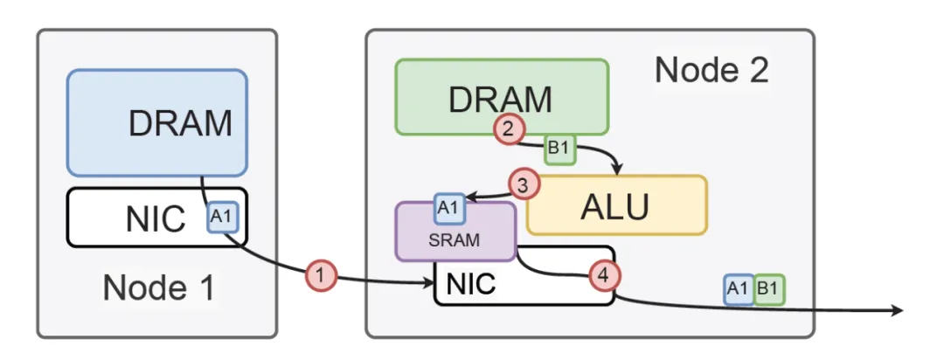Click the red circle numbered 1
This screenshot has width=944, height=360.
tap(321, 275)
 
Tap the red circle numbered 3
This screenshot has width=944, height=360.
tap(524, 185)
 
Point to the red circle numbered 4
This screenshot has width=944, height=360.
tap(603, 275)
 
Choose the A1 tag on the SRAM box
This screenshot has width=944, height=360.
tap(449, 209)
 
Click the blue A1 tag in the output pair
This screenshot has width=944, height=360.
tap(739, 289)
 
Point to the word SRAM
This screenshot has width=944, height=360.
tap(454, 240)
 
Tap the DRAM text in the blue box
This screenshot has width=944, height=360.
tap(180, 124)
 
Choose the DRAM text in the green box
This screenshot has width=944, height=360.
tap(500, 99)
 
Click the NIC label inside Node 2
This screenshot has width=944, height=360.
tap(472, 285)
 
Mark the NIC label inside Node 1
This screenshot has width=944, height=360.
tap(155, 218)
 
